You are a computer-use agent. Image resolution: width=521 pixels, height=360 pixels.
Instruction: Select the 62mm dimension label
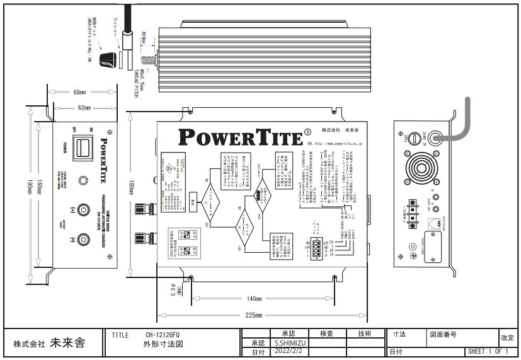coord(84,108)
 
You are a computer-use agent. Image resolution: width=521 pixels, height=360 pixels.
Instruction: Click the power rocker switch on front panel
coord(80,149)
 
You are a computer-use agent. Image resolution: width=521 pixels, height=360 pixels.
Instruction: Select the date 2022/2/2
coord(288,352)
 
